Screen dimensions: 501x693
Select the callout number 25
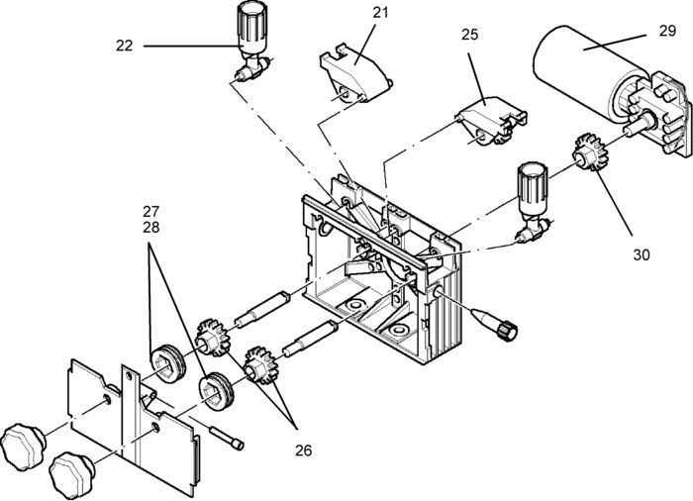point(469,35)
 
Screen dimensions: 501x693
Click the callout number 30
point(642,254)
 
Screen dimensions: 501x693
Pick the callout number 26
point(302,451)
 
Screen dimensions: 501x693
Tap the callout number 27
point(150,211)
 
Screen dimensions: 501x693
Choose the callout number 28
point(150,228)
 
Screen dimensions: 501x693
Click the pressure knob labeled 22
point(248,28)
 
